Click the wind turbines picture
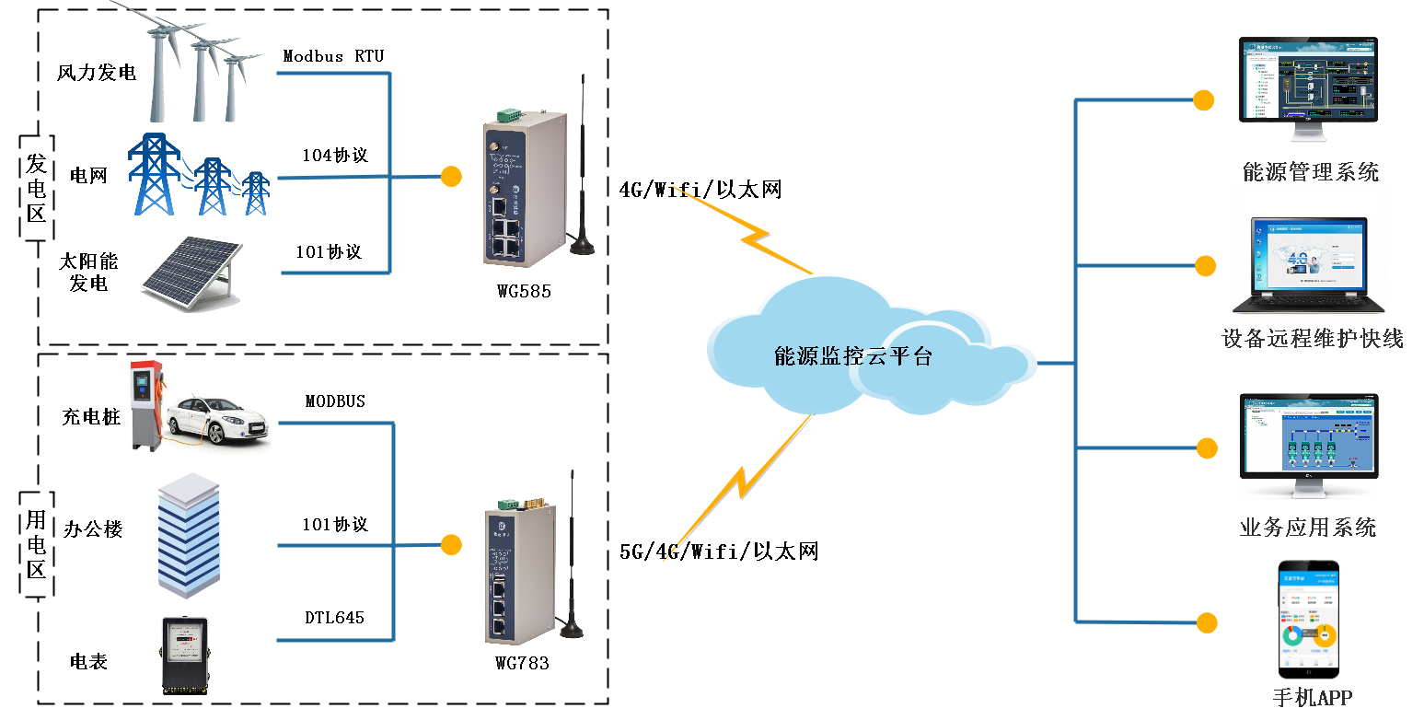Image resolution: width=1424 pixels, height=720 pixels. (x=198, y=64)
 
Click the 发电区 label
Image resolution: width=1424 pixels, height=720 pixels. (x=37, y=189)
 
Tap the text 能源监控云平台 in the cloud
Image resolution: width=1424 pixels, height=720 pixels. (x=852, y=357)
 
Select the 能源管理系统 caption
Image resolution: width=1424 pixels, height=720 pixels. (x=1310, y=171)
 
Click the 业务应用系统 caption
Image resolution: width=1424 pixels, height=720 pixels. (x=1307, y=528)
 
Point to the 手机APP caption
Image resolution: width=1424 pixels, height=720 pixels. (x=1312, y=697)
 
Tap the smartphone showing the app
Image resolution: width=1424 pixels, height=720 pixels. (x=1308, y=621)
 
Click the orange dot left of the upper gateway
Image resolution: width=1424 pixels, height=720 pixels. (x=450, y=176)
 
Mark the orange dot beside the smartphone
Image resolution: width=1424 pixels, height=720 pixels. (x=1206, y=622)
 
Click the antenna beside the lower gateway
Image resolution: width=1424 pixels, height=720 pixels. (x=572, y=562)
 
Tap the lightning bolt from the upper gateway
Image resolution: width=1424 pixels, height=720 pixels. (x=746, y=230)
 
